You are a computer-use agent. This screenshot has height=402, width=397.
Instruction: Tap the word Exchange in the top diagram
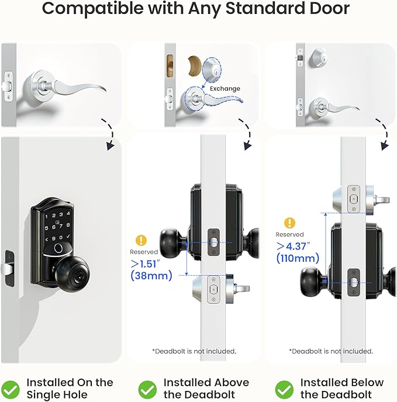coord(225,89)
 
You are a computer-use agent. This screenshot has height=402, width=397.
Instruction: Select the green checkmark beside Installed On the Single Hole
coord(11,389)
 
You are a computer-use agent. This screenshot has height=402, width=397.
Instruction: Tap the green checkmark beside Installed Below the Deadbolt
coord(284,389)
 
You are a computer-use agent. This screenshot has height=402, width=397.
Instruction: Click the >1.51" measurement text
coord(146,263)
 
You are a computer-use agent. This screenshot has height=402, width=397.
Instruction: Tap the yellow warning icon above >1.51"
coord(140,240)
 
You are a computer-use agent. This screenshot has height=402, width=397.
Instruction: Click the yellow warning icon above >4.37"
coord(289,223)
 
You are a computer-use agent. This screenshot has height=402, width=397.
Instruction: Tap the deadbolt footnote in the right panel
coord(331,351)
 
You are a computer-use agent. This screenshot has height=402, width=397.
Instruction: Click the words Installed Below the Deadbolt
coord(342,389)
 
